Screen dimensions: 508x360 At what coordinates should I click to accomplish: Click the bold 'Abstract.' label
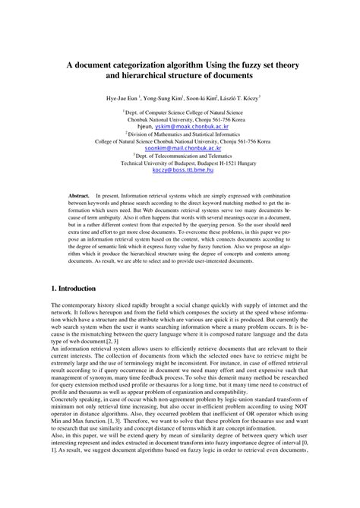coord(78,196)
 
